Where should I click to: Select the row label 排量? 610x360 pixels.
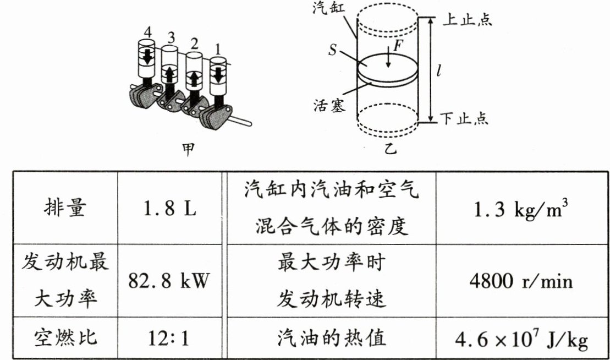click(65, 209)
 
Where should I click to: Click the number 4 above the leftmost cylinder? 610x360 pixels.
click(147, 32)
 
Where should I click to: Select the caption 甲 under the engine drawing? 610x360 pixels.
click(189, 149)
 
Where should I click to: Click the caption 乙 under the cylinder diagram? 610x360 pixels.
click(390, 149)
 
